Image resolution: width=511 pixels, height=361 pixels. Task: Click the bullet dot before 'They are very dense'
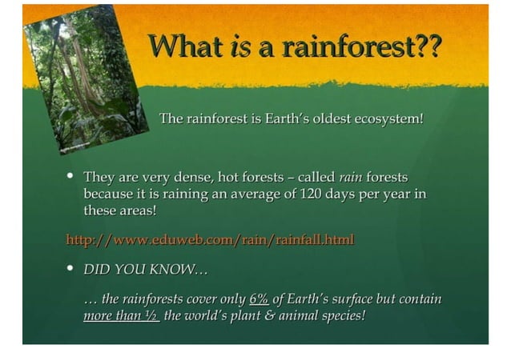(71, 175)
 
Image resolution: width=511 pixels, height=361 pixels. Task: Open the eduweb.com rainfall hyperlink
(209, 239)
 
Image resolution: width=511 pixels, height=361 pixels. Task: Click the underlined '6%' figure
(259, 299)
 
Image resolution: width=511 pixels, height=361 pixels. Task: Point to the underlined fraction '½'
(151, 315)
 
